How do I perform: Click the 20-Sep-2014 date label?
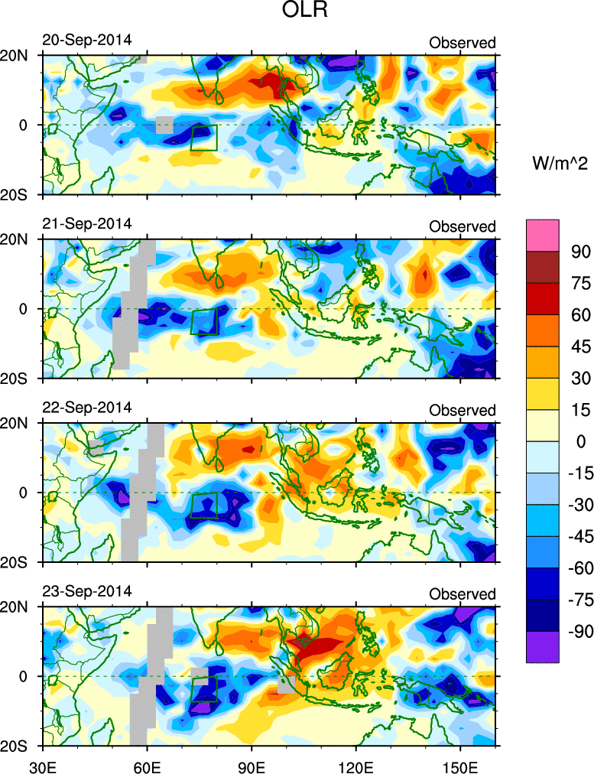[86, 39]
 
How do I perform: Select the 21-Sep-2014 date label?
[86, 223]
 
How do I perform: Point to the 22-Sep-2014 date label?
[86, 407]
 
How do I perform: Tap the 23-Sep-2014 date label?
[86, 590]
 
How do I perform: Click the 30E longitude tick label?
[41, 764]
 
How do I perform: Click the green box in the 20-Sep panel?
[204, 137]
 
